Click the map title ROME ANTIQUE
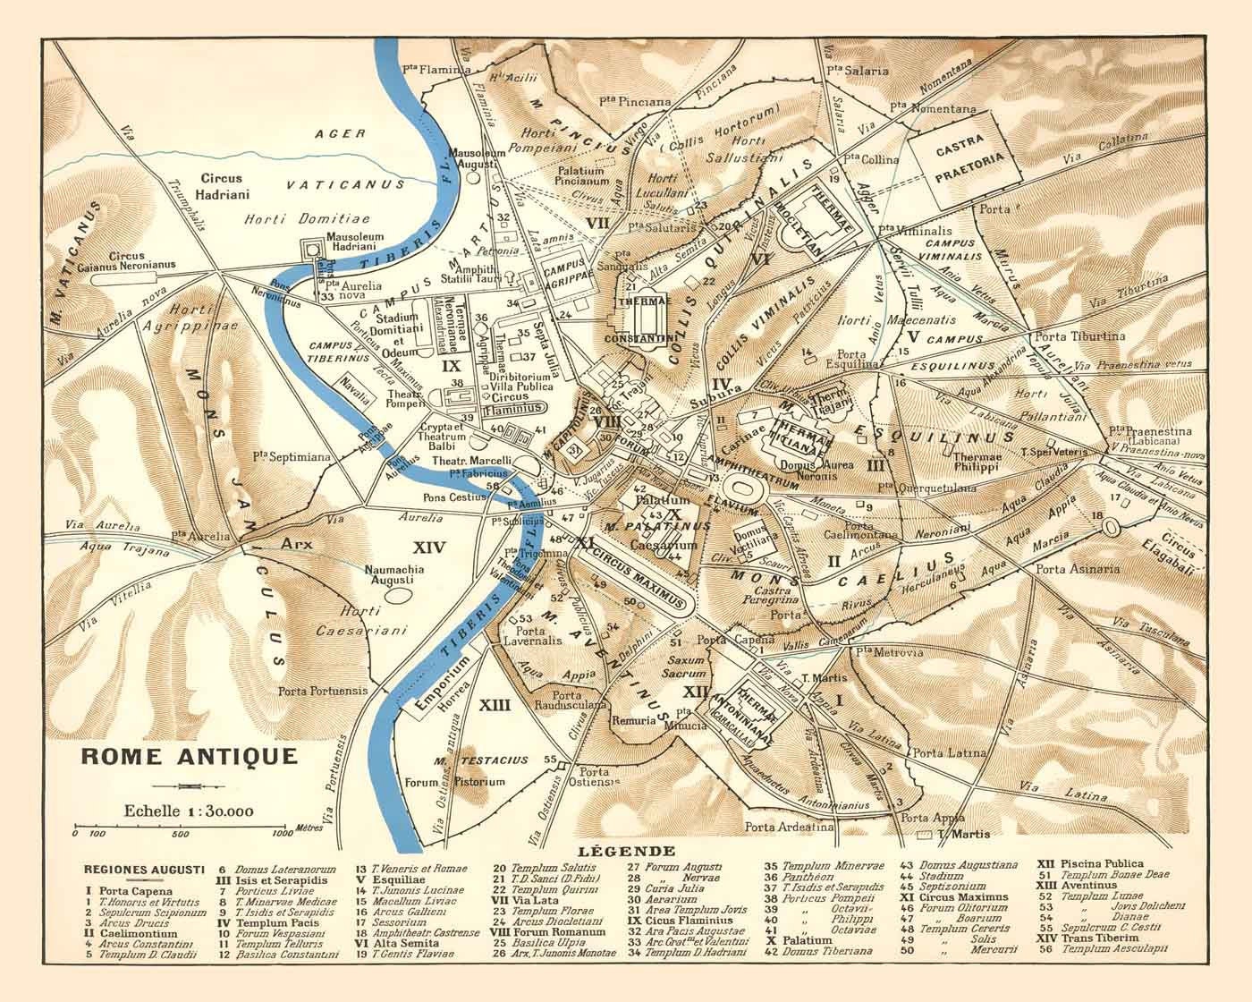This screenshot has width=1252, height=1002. point(189,756)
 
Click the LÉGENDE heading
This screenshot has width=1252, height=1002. point(625,851)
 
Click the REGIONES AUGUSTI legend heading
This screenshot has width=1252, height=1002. point(144,869)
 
